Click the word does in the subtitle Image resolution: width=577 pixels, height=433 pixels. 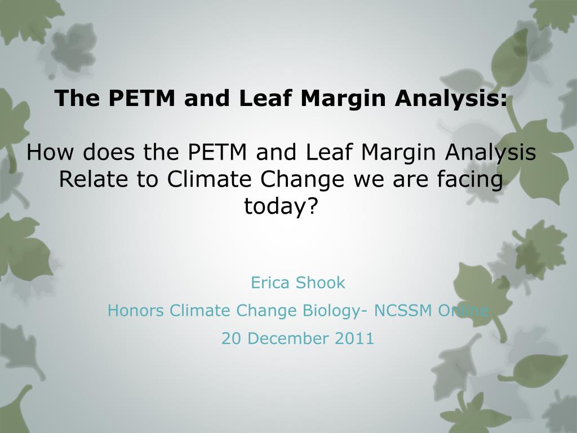coord(102,152)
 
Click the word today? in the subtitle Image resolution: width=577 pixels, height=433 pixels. coord(281,206)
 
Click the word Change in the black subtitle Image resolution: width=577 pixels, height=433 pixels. coord(303,179)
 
